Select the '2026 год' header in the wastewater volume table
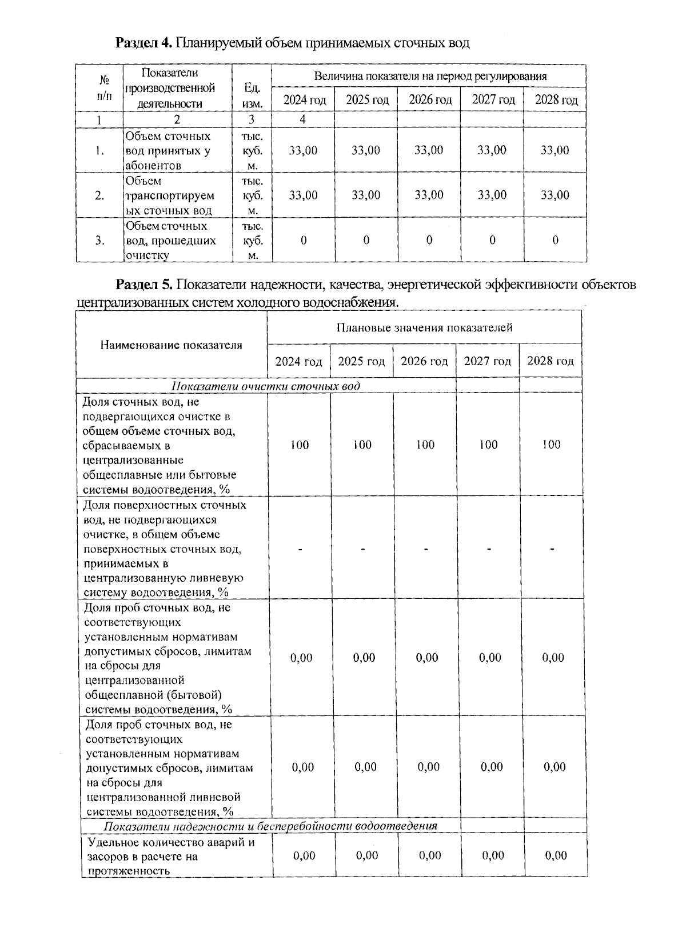pyautogui.click(x=430, y=100)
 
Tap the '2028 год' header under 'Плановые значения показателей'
pyautogui.click(x=550, y=361)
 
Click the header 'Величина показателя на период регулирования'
pyautogui.click(x=430, y=76)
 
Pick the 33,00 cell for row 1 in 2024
pyautogui.click(x=303, y=150)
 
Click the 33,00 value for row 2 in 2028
pyautogui.click(x=555, y=195)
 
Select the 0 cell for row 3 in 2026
pyautogui.click(x=429, y=240)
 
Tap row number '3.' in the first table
pyautogui.click(x=99, y=240)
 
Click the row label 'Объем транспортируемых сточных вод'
pyautogui.click(x=170, y=195)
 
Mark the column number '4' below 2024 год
pyautogui.click(x=303, y=119)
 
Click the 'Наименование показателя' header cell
pyautogui.click(x=171, y=345)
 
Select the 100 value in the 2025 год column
pyautogui.click(x=362, y=445)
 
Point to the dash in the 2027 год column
pyautogui.click(x=489, y=549)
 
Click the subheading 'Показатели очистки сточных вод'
pyautogui.click(x=266, y=386)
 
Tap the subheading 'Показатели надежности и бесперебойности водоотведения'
pyautogui.click(x=270, y=826)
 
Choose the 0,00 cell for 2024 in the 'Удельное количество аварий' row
pyautogui.click(x=304, y=855)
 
